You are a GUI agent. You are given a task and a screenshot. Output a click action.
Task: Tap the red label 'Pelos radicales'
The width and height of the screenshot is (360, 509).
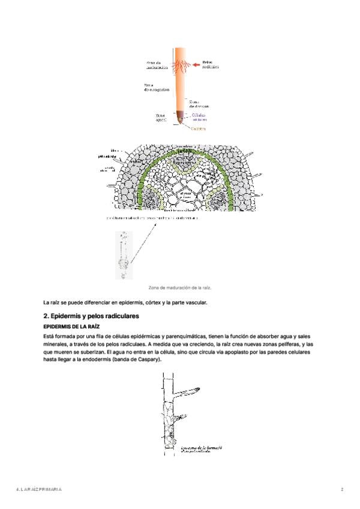(210, 64)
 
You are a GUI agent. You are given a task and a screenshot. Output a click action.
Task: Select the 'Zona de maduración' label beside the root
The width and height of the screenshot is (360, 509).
(157, 64)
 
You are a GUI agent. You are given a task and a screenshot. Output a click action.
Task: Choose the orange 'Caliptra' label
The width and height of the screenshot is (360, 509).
(198, 128)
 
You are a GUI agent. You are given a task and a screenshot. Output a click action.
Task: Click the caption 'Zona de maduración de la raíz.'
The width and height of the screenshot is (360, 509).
(180, 288)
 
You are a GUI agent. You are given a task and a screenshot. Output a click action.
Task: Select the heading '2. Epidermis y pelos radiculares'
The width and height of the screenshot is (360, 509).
(91, 315)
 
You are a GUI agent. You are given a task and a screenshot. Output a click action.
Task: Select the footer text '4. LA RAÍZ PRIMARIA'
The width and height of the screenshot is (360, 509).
(39, 490)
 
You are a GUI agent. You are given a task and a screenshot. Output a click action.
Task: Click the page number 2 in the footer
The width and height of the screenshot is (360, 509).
(342, 490)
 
